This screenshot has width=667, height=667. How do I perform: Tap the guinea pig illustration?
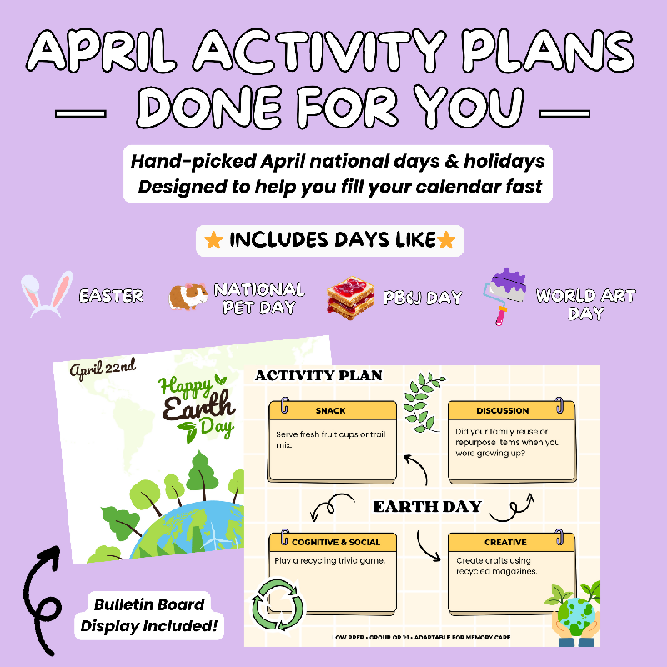(x=188, y=296)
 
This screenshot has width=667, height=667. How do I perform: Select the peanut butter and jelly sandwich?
(x=350, y=298)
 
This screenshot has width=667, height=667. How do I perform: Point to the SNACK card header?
(x=332, y=410)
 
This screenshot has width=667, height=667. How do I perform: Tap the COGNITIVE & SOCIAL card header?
(x=332, y=541)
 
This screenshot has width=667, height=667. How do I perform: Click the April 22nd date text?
(x=103, y=369)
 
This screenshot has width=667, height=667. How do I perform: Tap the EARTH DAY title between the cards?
(x=427, y=507)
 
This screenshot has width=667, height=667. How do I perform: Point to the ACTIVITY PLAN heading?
(x=318, y=375)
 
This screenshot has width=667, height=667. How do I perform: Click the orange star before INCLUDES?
(x=213, y=240)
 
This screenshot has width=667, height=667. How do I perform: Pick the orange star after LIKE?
(x=446, y=240)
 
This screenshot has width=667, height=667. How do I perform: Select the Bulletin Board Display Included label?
(x=149, y=615)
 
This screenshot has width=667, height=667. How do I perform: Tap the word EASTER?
(x=111, y=296)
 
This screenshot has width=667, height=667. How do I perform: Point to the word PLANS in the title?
(x=549, y=51)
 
